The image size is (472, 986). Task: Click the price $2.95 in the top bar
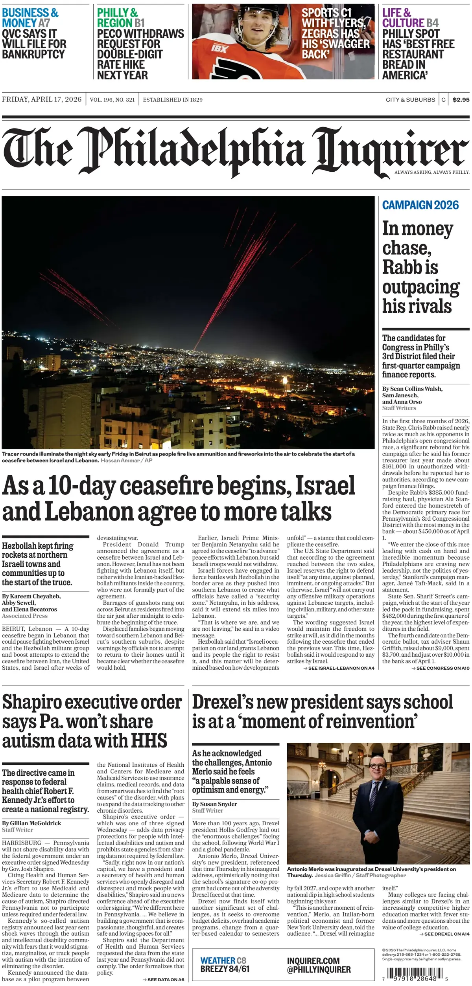(x=461, y=100)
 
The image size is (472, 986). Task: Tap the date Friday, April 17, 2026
(x=42, y=99)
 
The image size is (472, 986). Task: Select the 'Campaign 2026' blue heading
(x=420, y=205)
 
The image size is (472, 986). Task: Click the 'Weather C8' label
(x=223, y=960)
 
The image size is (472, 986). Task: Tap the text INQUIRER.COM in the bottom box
(x=313, y=960)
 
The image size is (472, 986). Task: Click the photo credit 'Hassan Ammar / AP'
(x=126, y=460)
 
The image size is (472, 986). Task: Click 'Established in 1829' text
(x=173, y=100)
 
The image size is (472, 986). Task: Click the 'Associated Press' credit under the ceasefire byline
(x=24, y=616)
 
